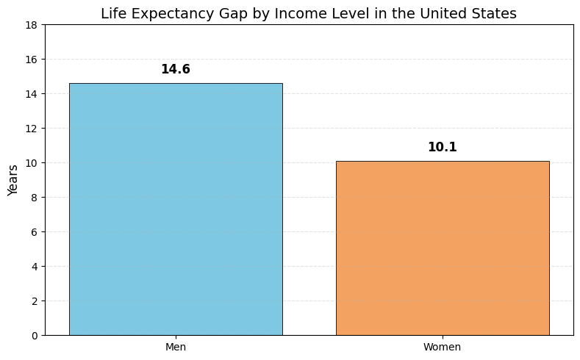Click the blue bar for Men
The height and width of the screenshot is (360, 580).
click(x=175, y=209)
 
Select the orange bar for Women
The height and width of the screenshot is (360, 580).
click(x=442, y=248)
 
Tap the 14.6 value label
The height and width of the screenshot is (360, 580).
click(x=175, y=70)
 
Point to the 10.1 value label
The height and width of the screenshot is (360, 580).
click(x=442, y=148)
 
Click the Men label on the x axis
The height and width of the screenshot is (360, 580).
click(x=175, y=347)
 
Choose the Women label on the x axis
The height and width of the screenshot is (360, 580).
click(x=442, y=347)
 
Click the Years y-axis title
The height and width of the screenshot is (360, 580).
click(x=13, y=180)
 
